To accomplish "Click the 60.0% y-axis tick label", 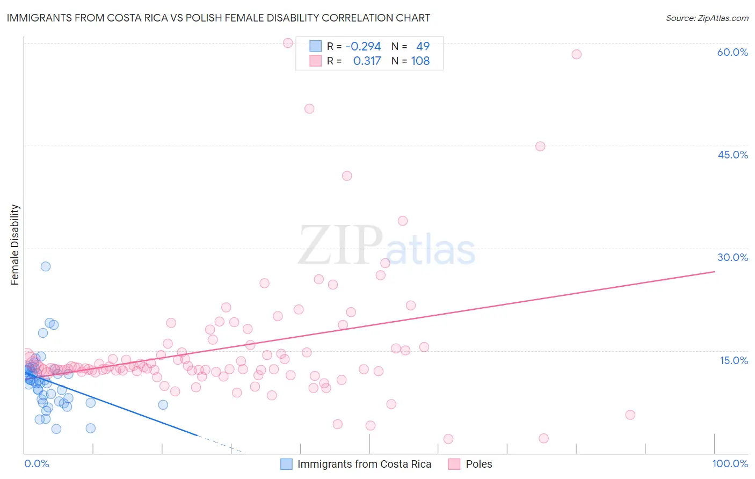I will [732, 52].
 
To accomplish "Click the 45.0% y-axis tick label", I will [732, 155].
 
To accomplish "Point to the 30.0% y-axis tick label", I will [732, 257].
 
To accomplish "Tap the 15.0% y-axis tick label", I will [734, 360].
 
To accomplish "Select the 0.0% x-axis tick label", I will [37, 463].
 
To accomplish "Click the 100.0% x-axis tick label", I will [730, 463].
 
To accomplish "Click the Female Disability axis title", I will [15, 244].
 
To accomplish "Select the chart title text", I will [219, 18].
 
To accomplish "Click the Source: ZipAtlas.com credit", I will [707, 18].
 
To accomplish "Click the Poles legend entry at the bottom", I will [478, 464].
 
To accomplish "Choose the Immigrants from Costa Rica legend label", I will [364, 464].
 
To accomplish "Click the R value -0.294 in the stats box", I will [363, 46].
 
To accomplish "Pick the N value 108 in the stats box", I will [420, 61].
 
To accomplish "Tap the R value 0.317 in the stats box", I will [367, 61].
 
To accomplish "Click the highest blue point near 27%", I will [46, 266].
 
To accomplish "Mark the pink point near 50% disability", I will [309, 108].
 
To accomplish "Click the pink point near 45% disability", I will [540, 147].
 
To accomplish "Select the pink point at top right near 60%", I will [576, 54].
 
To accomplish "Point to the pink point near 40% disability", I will [347, 176].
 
